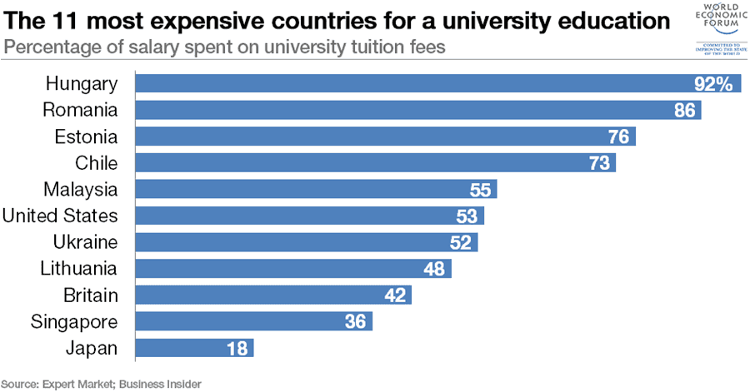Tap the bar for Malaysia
click(316, 190)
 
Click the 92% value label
click(713, 84)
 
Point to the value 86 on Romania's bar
click(684, 111)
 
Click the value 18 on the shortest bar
click(237, 348)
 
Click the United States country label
click(59, 216)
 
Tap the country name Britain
click(91, 295)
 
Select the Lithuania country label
click(79, 269)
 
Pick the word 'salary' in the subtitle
click(160, 47)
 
